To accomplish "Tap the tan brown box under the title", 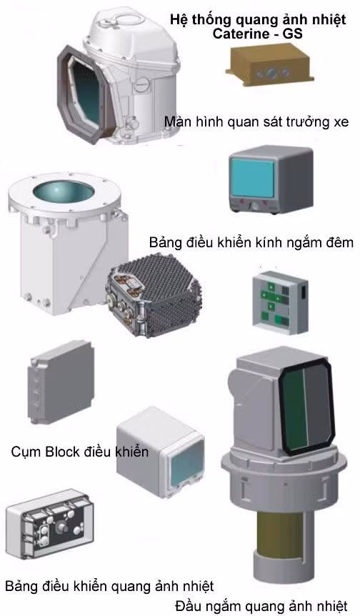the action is (x=270, y=66).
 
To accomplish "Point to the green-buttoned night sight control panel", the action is (x=280, y=302).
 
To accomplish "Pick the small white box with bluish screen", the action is (x=160, y=452).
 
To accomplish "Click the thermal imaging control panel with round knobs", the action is (x=50, y=525).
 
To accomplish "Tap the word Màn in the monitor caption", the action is (x=175, y=121).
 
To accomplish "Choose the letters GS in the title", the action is (x=293, y=34).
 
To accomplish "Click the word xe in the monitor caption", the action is (x=341, y=121).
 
